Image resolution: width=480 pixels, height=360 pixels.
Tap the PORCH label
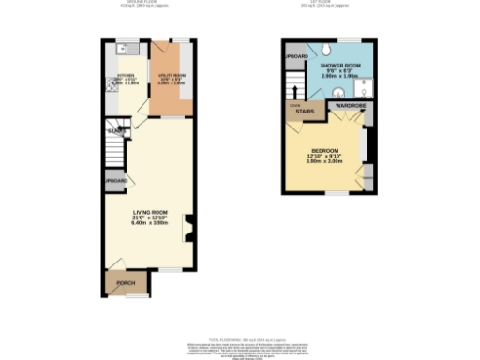pyautogui.click(x=126, y=282)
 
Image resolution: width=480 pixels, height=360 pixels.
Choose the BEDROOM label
pyautogui.click(x=326, y=151)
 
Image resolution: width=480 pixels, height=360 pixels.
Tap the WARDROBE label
pyautogui.click(x=349, y=107)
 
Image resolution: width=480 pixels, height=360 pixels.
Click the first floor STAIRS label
pyautogui.click(x=304, y=110)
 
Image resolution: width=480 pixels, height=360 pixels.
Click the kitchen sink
pyautogui.click(x=128, y=50)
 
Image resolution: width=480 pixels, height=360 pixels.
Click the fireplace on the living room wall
pyautogui.click(x=189, y=227)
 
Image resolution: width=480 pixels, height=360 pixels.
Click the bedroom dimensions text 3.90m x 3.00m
pyautogui.click(x=326, y=162)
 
